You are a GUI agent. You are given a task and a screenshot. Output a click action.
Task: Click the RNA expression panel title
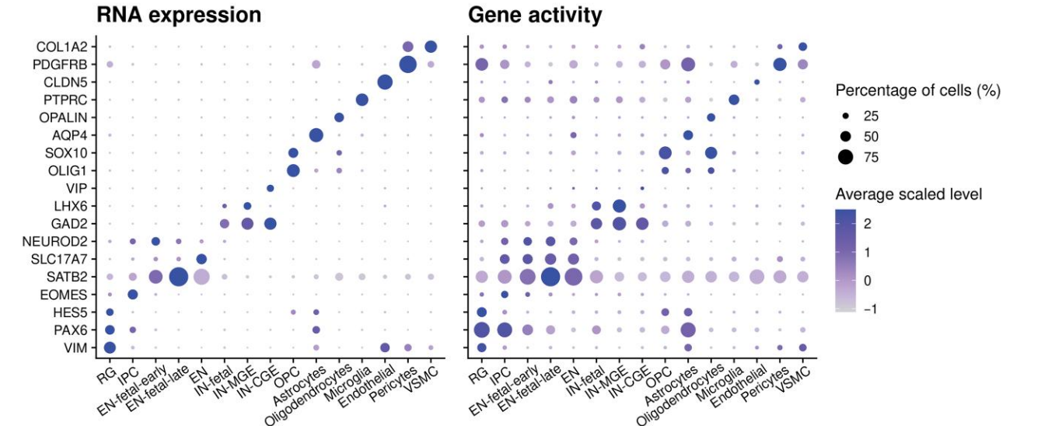pos(178,15)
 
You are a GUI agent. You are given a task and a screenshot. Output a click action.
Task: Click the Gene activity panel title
pos(535,15)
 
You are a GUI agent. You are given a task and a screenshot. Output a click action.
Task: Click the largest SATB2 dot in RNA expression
pos(178,276)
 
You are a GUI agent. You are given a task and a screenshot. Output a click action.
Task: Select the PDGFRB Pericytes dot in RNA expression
pos(407,65)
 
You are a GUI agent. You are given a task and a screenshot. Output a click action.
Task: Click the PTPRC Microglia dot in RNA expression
pos(362,100)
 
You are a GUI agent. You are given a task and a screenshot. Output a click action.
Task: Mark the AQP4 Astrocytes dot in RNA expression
pos(316,135)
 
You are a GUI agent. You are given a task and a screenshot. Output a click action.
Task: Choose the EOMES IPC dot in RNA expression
pos(132,294)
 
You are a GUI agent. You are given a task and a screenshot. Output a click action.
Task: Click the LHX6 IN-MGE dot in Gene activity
pos(619,206)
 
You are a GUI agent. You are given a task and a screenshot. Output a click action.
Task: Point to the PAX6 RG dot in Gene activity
pos(481,330)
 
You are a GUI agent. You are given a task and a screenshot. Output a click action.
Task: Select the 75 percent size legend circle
pos(846,157)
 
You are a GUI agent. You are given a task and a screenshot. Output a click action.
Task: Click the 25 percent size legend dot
pos(846,115)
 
